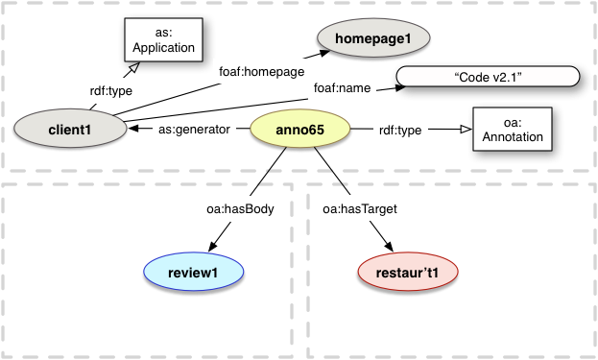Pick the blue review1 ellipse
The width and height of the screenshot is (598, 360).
click(193, 273)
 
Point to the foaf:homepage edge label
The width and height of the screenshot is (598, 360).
click(262, 71)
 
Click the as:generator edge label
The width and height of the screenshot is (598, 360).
click(193, 130)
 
